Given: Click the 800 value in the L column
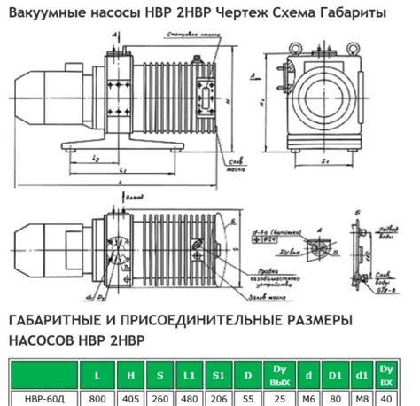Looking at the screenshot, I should coord(97,398).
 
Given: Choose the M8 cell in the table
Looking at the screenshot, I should coord(362,398).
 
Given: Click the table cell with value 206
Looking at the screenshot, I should coord(220,398).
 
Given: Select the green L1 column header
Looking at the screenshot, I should coord(191,374).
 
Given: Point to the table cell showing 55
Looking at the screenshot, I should coord(249,398).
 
